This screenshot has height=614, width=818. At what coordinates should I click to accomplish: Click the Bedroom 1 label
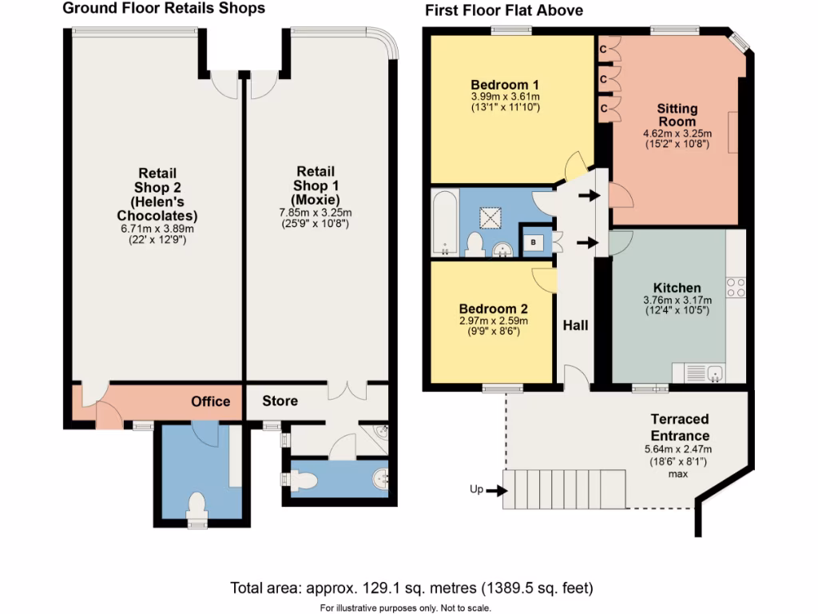(x=505, y=85)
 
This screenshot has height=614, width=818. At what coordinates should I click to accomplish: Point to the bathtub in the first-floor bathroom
(x=444, y=223)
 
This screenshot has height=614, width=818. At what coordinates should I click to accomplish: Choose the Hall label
(x=575, y=325)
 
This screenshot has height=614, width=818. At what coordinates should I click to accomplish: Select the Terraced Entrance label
(x=679, y=428)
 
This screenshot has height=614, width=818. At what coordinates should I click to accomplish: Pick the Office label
(x=211, y=401)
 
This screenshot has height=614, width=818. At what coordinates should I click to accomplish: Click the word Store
(x=280, y=401)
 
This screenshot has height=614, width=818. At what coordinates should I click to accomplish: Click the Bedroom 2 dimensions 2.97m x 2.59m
(x=493, y=321)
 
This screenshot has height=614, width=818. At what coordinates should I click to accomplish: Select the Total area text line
(x=411, y=588)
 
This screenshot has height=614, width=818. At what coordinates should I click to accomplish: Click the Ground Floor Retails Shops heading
(x=164, y=9)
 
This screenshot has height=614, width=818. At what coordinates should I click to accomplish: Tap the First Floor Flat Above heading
(x=504, y=10)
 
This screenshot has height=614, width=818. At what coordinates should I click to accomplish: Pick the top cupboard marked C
(x=606, y=50)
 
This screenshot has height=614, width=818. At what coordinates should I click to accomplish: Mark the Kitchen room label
(x=677, y=288)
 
